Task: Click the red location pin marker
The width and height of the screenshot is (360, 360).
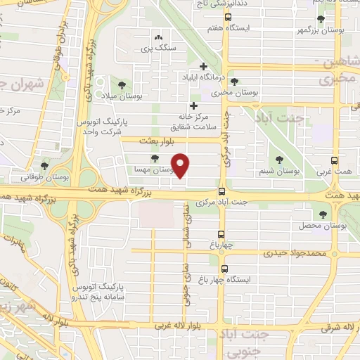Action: coord(181,165)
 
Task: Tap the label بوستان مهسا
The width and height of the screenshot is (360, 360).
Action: coord(153,170)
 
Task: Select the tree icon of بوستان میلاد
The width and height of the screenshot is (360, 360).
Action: coord(122,84)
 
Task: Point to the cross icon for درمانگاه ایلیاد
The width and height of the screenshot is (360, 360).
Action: coord(203,65)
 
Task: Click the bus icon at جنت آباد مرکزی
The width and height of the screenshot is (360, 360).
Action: coord(222,191)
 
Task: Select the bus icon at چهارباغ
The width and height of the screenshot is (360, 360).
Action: coord(222,234)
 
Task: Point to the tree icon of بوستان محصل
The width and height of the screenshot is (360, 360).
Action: coord(323,214)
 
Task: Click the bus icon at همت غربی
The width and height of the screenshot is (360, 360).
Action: coord(335,160)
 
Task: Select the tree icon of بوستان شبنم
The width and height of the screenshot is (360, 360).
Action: coord(280,160)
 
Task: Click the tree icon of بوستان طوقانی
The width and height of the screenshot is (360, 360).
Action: coord(45,166)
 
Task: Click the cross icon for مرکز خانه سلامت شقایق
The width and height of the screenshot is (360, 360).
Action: coord(193,105)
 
